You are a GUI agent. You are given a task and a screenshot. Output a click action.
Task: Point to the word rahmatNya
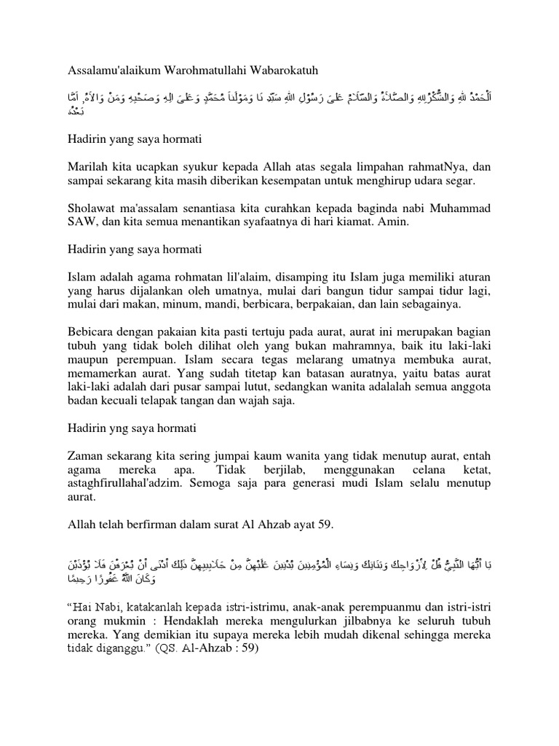coord(435,165)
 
